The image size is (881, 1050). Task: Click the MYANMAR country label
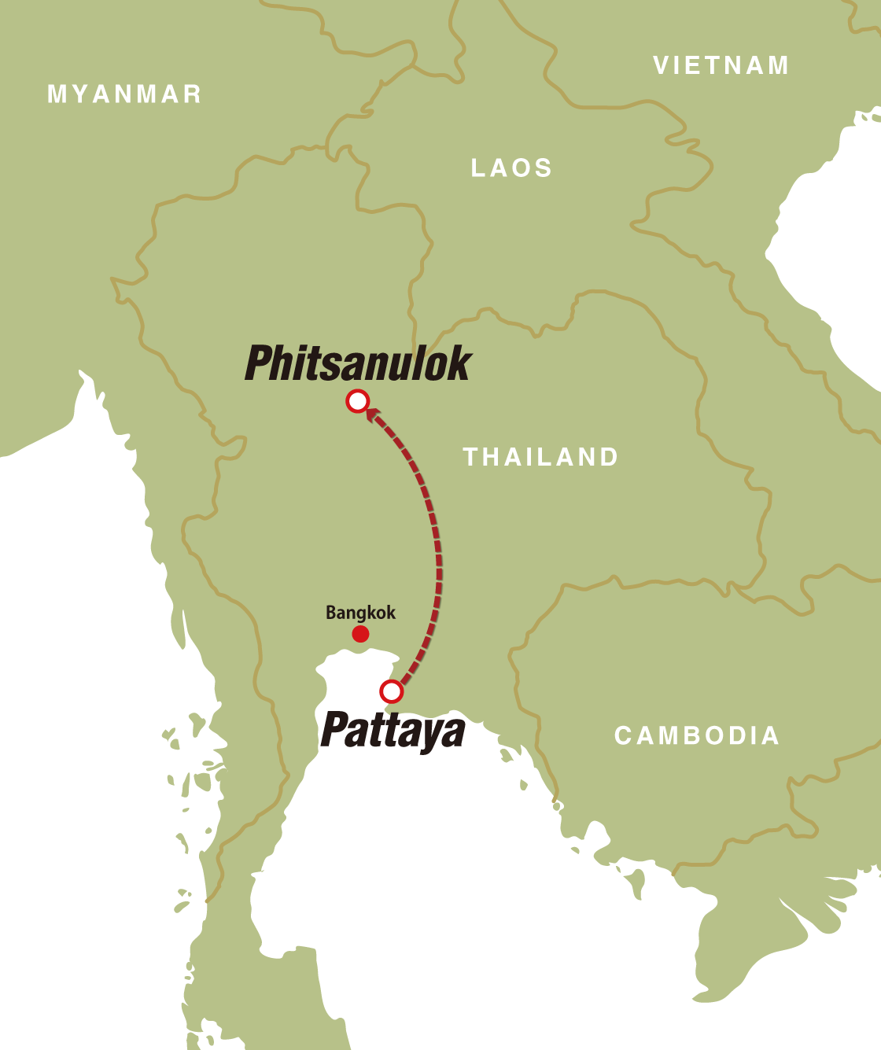pyautogui.click(x=124, y=94)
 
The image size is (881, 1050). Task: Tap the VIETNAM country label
pyautogui.click(x=721, y=65)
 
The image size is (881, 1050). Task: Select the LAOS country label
pyautogui.click(x=511, y=168)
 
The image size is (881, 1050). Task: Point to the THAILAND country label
pyautogui.click(x=541, y=457)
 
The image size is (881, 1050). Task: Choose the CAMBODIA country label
pyautogui.click(x=697, y=735)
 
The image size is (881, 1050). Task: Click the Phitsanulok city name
pyautogui.click(x=358, y=363)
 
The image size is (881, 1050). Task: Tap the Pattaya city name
pyautogui.click(x=393, y=731)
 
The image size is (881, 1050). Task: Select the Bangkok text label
pyautogui.click(x=360, y=612)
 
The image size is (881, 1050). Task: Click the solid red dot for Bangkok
pyautogui.click(x=360, y=634)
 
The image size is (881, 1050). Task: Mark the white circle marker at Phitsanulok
pyautogui.click(x=358, y=401)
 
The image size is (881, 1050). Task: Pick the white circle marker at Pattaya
pyautogui.click(x=391, y=691)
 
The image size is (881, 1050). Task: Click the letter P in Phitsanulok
pyautogui.click(x=260, y=363)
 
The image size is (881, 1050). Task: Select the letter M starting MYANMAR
pyautogui.click(x=57, y=94)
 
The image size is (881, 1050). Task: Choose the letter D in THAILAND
pyautogui.click(x=609, y=457)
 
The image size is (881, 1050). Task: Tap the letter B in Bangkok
pyautogui.click(x=331, y=612)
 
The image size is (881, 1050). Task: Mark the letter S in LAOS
pyautogui.click(x=544, y=168)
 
